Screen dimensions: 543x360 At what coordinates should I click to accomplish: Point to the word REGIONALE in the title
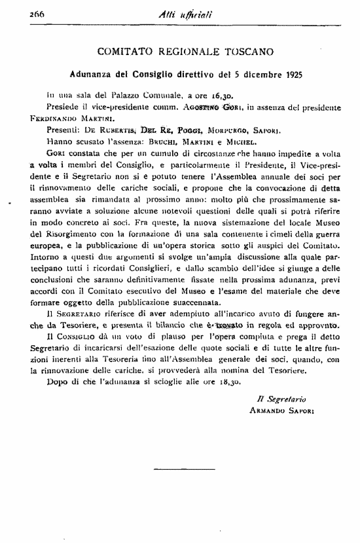click(x=180, y=51)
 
